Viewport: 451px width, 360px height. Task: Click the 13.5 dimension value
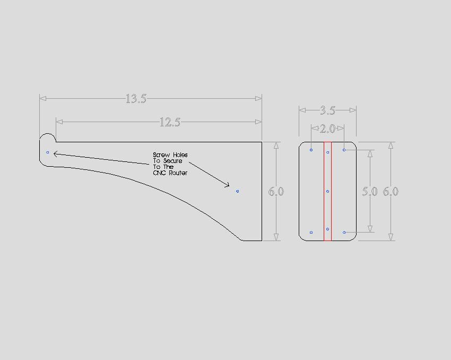click(136, 99)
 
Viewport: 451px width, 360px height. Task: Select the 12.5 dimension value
click(170, 122)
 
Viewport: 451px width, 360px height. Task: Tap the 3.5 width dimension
click(327, 110)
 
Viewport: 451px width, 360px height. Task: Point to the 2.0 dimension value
click(327, 128)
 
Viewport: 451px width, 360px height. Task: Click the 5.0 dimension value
click(370, 191)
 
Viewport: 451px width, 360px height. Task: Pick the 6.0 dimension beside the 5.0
click(391, 191)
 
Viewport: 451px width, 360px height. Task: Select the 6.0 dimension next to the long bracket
click(276, 191)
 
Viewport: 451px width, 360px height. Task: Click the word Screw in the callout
click(161, 155)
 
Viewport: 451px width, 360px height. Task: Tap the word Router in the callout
click(178, 173)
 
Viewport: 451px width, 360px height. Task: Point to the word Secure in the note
click(172, 161)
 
